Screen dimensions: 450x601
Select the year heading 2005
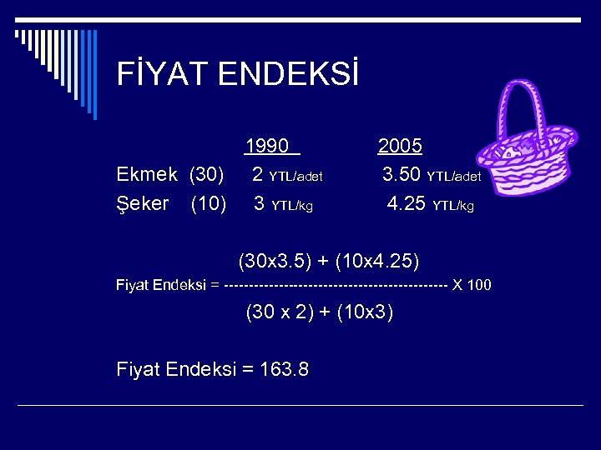coord(400,147)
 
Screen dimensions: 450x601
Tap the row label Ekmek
coord(147,175)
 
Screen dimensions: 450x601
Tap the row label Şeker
coord(143,203)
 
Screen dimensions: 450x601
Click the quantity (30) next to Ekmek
coord(206,175)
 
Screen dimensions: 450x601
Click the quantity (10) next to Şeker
coord(208,203)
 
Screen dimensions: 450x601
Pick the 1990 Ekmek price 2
coord(259,175)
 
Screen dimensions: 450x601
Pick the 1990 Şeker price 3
coord(260,203)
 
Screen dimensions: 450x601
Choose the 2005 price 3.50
coord(402,175)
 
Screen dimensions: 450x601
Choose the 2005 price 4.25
coord(407,203)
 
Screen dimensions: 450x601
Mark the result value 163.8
coord(280,368)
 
